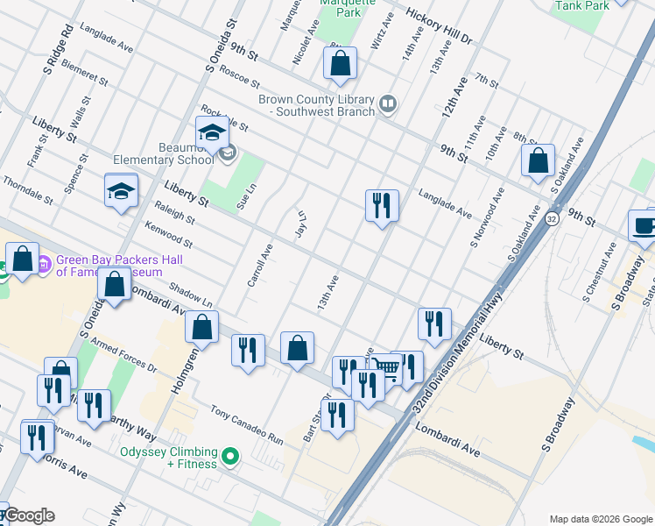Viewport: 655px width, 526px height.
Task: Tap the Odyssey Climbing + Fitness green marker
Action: [x=230, y=456]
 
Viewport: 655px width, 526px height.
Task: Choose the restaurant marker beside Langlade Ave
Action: [x=382, y=206]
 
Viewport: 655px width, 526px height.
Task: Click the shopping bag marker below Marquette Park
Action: [x=340, y=63]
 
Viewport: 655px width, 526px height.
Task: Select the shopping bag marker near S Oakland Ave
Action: [x=538, y=160]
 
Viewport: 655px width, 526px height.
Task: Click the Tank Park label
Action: [x=581, y=6]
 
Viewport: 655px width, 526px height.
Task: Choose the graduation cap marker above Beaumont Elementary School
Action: [x=212, y=133]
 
